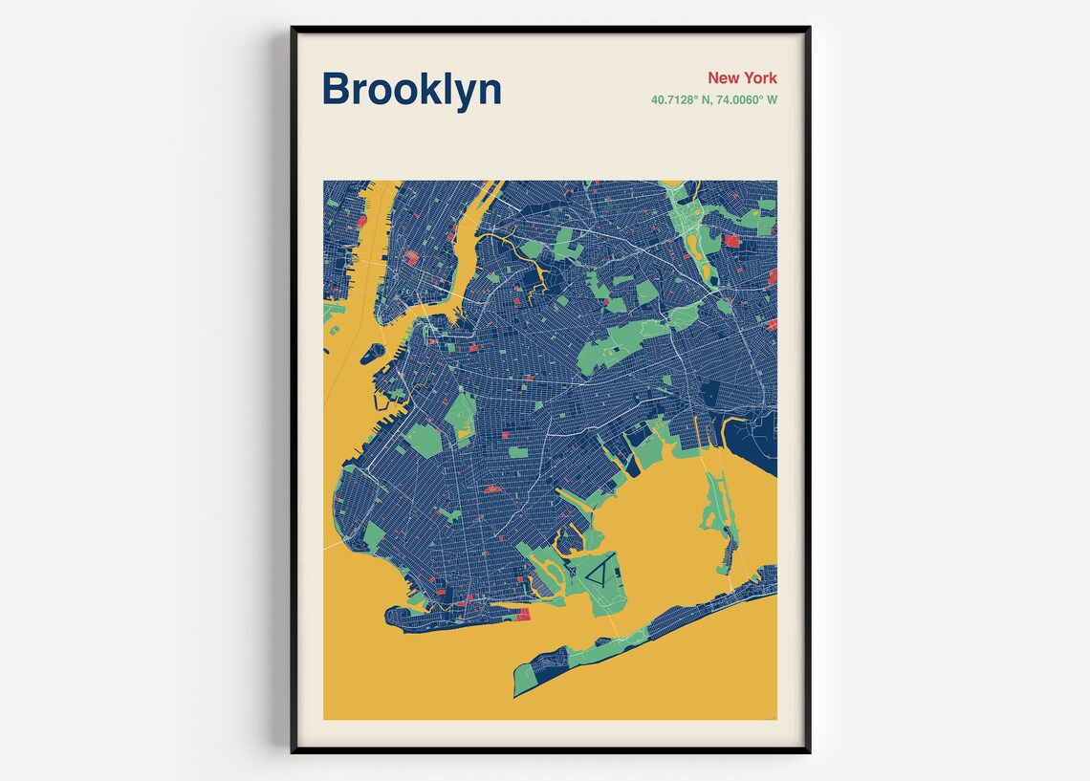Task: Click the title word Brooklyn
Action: pos(411,89)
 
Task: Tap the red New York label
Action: pos(742,77)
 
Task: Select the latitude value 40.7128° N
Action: pos(681,99)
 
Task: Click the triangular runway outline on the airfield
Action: pos(599,575)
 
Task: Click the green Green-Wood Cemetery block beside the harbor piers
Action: pos(422,439)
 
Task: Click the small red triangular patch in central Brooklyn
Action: pos(493,489)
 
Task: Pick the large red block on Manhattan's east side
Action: pos(411,258)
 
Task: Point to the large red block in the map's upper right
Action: pos(732,241)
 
